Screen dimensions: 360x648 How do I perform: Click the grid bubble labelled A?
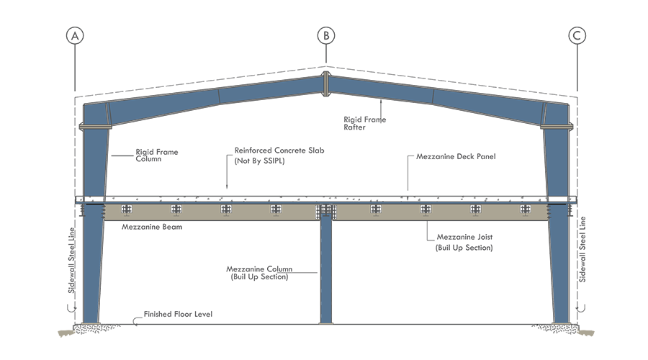(75, 36)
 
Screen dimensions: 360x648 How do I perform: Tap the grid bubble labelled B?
(326, 35)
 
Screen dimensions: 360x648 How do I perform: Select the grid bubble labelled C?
(577, 36)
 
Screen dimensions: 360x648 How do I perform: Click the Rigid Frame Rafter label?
(364, 123)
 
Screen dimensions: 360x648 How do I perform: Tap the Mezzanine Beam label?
(152, 226)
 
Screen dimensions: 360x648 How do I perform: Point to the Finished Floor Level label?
(178, 315)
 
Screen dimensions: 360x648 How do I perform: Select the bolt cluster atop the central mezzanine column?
(325, 210)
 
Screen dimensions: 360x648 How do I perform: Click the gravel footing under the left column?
(90, 329)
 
